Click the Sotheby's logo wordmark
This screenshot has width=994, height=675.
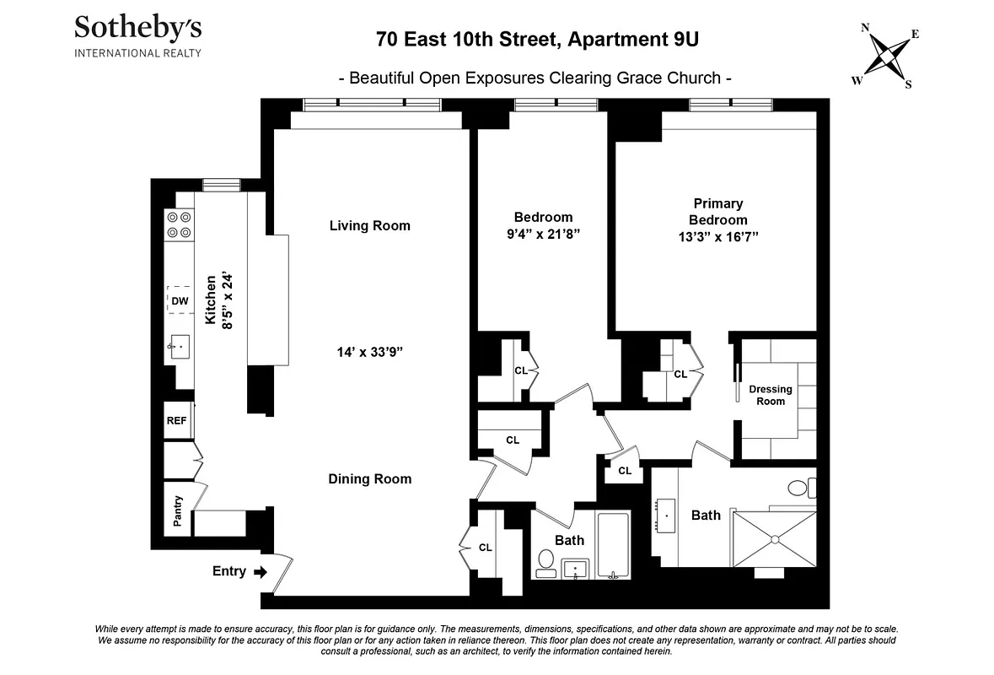pyautogui.click(x=137, y=29)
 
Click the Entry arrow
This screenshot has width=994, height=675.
pyautogui.click(x=261, y=572)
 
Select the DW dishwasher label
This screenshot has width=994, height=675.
pyautogui.click(x=180, y=300)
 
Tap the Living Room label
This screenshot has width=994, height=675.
pyautogui.click(x=369, y=225)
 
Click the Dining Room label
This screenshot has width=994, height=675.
pyautogui.click(x=369, y=478)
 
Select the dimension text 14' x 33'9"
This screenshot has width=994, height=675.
pyautogui.click(x=369, y=353)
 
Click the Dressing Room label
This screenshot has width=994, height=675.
pyautogui.click(x=771, y=395)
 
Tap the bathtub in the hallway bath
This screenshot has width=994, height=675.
pyautogui.click(x=613, y=544)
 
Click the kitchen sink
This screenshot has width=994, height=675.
pyautogui.click(x=180, y=346)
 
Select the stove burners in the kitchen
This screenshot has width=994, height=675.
pyautogui.click(x=179, y=224)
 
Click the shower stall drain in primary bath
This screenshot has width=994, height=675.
pyautogui.click(x=774, y=538)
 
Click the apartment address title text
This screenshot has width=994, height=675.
pyautogui.click(x=537, y=39)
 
